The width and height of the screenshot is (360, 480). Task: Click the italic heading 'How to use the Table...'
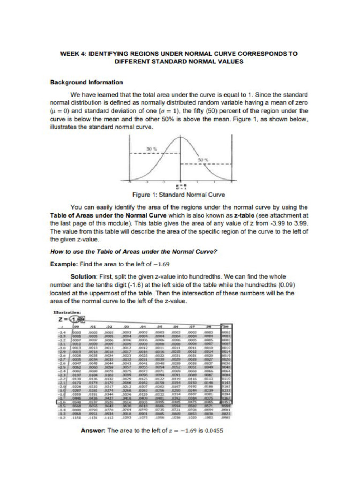pos(134,251)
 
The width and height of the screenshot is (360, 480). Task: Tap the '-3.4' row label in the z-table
pos(61,330)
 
